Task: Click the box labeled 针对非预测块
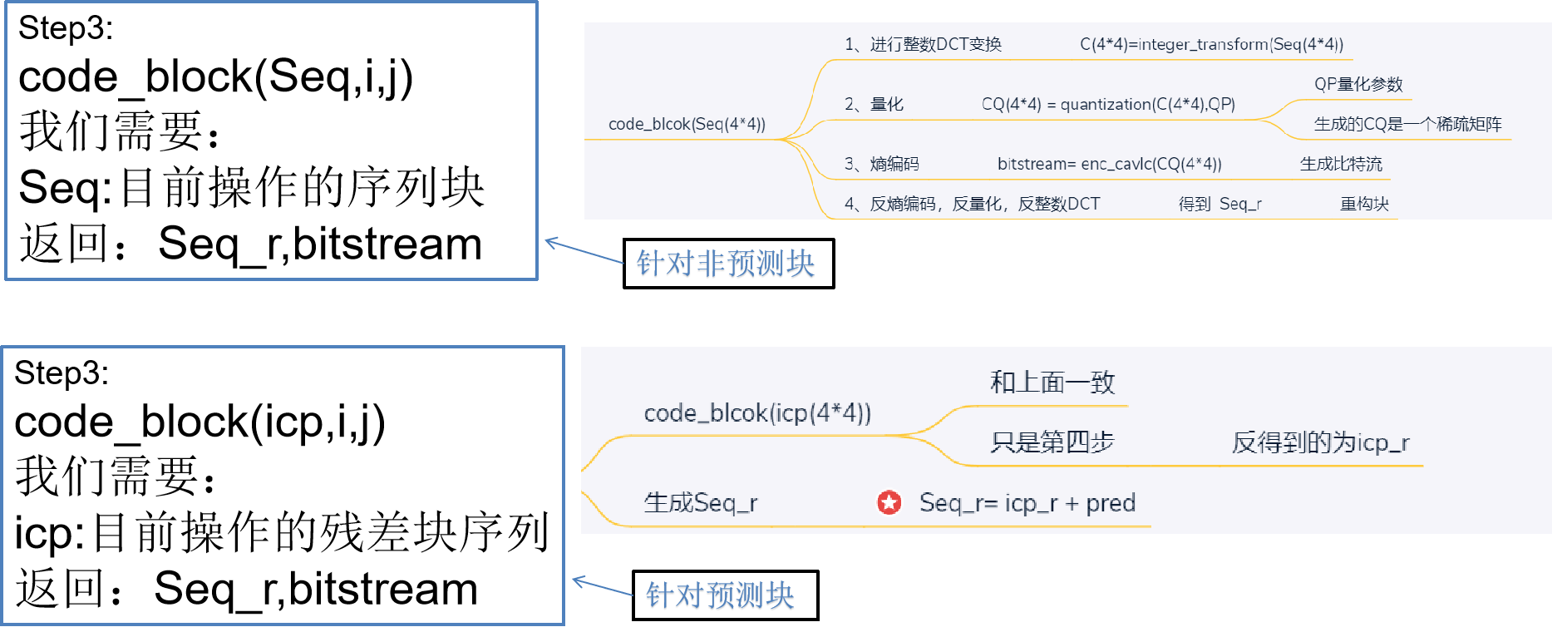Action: pos(728,264)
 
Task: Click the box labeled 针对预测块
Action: pos(725,595)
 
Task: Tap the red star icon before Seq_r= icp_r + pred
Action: pos(889,502)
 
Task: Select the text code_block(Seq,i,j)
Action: pos(215,77)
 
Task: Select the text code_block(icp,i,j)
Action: pos(200,422)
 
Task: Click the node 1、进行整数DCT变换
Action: pos(922,44)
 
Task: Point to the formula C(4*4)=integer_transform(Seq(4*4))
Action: pos(1211,44)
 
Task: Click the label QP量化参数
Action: pos(1357,84)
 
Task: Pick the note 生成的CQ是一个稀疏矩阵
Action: pos(1407,124)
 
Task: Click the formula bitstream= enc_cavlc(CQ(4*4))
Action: pos(1109,164)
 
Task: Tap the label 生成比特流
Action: pos(1341,164)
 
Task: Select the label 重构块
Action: pos(1363,204)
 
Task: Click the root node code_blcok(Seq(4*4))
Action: pos(687,124)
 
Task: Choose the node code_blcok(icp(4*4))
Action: pos(756,412)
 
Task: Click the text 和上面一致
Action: pos(1052,383)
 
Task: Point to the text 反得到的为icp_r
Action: pos(1319,442)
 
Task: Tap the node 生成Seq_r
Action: pos(700,502)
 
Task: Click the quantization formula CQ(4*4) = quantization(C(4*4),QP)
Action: pos(1107,104)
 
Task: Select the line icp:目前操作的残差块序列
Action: pos(281,533)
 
